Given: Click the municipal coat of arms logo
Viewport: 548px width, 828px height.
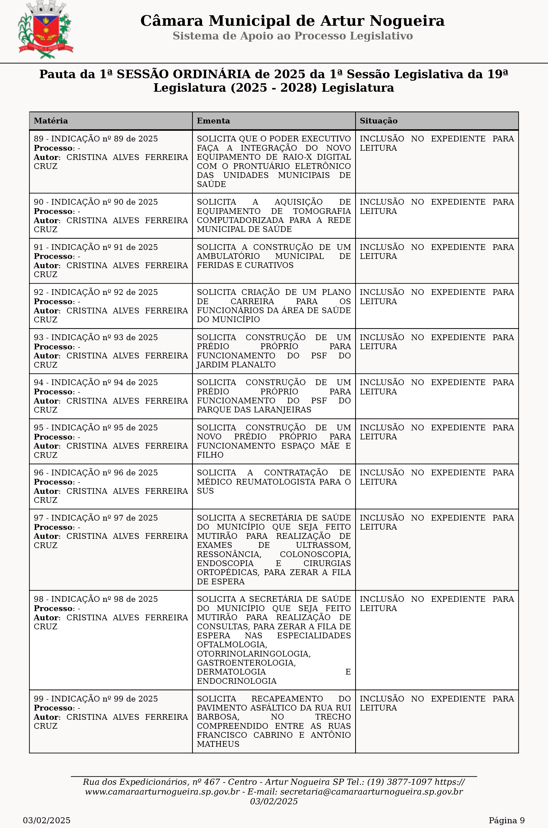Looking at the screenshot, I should click(46, 30).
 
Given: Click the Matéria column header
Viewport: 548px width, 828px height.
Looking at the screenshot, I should click(51, 121).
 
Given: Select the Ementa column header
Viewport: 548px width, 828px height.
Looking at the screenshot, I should click(213, 121).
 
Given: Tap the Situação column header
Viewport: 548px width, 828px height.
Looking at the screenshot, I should click(378, 121).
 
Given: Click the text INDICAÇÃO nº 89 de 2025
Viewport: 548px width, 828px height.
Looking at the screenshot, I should click(104, 139).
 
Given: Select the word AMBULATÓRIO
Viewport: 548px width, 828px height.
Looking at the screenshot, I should click(228, 256).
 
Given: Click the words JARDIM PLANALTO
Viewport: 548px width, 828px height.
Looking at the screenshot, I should click(236, 365).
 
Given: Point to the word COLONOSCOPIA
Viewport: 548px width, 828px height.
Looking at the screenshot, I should click(315, 554).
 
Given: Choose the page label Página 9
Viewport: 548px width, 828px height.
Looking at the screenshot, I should click(506, 820).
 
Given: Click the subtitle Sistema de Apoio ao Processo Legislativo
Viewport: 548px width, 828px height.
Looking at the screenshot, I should click(292, 36).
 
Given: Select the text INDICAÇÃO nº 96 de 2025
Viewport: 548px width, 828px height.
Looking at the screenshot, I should click(104, 473).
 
